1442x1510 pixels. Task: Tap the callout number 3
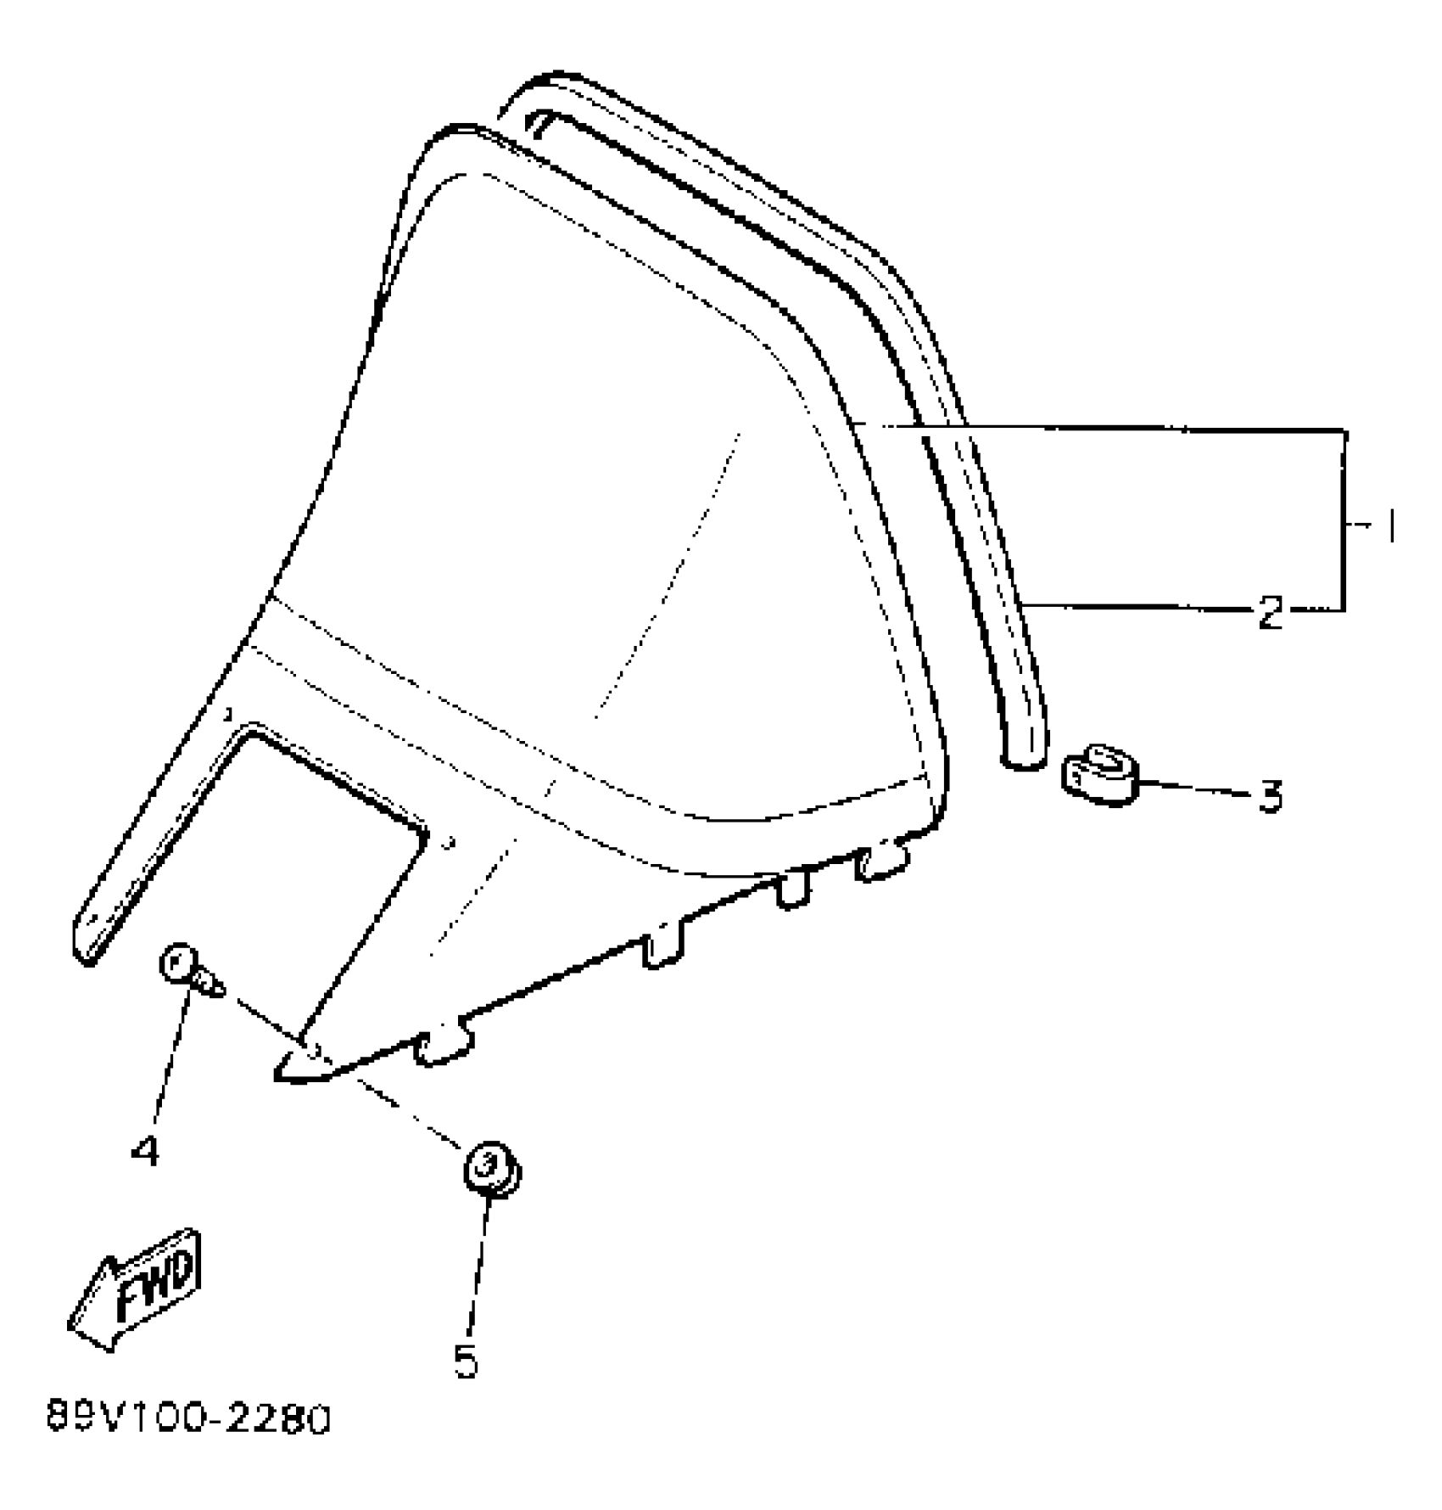tap(1270, 796)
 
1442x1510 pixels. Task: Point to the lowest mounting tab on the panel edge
tap(441, 1049)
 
